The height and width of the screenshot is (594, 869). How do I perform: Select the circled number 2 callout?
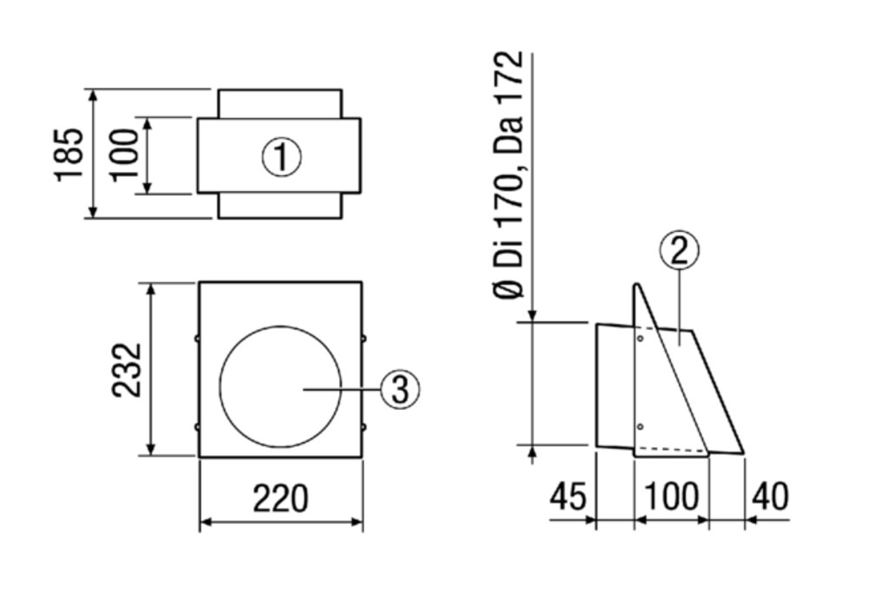click(679, 250)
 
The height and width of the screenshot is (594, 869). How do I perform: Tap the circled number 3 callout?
click(400, 389)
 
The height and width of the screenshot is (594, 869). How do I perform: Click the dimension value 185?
click(70, 154)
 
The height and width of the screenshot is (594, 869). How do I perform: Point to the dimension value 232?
click(128, 369)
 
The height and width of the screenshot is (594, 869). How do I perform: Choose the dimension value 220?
click(280, 498)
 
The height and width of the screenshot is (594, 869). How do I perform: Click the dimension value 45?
click(567, 497)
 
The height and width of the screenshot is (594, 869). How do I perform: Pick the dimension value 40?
click(769, 497)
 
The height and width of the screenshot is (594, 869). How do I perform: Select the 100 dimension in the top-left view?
click(123, 154)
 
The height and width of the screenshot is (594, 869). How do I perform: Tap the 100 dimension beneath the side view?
click(672, 497)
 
